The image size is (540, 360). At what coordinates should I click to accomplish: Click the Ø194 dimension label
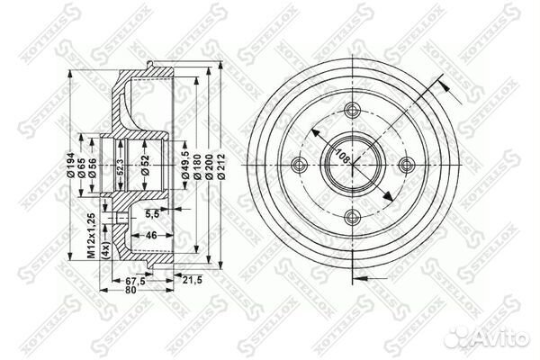coord(71,164)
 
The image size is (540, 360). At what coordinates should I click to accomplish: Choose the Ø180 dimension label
coord(196,164)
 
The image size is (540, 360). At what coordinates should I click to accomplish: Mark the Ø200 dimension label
coord(209,164)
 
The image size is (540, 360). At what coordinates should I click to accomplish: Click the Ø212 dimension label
coord(221,164)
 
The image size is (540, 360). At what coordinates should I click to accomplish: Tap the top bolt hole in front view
coord(351,112)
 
